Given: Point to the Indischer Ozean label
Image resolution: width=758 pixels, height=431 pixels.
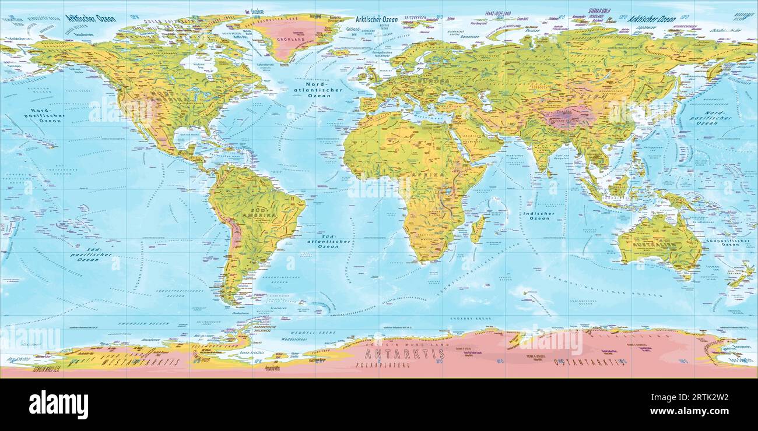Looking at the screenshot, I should pyautogui.click(x=538, y=216).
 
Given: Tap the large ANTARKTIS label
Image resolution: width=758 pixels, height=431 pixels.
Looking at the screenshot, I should pyautogui.click(x=404, y=354).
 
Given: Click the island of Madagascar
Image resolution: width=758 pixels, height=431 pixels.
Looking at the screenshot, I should pyautogui.click(x=478, y=228).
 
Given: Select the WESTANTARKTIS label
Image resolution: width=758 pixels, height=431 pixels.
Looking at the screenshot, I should pyautogui.click(x=140, y=362).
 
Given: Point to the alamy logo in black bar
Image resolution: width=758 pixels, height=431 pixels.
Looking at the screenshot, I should pyautogui.click(x=58, y=404).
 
